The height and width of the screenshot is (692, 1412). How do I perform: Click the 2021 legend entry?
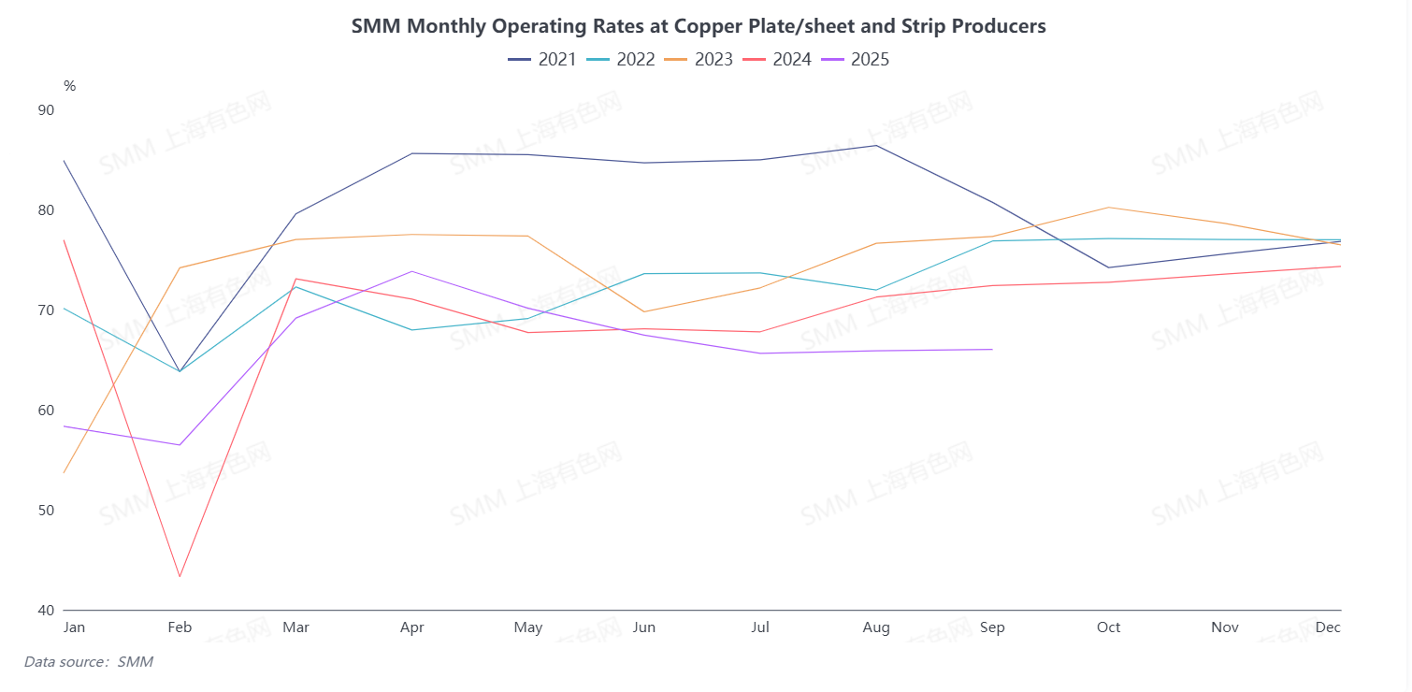[542, 60]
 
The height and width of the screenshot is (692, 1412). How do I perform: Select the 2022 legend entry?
[621, 60]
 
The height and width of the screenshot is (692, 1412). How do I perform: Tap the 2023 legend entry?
[699, 60]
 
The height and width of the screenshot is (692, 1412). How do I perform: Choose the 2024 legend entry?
[777, 60]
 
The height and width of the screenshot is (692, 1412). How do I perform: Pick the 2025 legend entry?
[856, 60]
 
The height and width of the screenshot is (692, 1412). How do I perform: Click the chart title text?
[699, 26]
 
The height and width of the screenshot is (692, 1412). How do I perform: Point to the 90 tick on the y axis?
[46, 109]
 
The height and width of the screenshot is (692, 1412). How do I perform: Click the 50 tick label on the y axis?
[46, 511]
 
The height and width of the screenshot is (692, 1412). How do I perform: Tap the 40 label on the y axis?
[46, 611]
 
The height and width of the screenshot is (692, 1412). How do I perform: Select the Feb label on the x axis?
[180, 627]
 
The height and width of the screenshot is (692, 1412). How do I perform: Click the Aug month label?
[876, 627]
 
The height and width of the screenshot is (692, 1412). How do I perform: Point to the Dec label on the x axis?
[1328, 627]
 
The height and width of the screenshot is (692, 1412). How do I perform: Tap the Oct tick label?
[1109, 627]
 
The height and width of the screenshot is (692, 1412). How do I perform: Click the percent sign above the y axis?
[69, 86]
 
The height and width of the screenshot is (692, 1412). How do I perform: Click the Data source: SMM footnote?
[89, 662]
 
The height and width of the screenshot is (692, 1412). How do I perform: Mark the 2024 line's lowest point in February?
[180, 577]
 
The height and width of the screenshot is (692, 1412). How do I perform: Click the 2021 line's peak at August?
[876, 145]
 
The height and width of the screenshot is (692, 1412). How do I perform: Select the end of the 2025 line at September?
[992, 350]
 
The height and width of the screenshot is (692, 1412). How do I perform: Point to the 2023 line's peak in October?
[1109, 208]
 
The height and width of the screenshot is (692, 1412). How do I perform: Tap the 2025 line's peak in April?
[412, 271]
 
